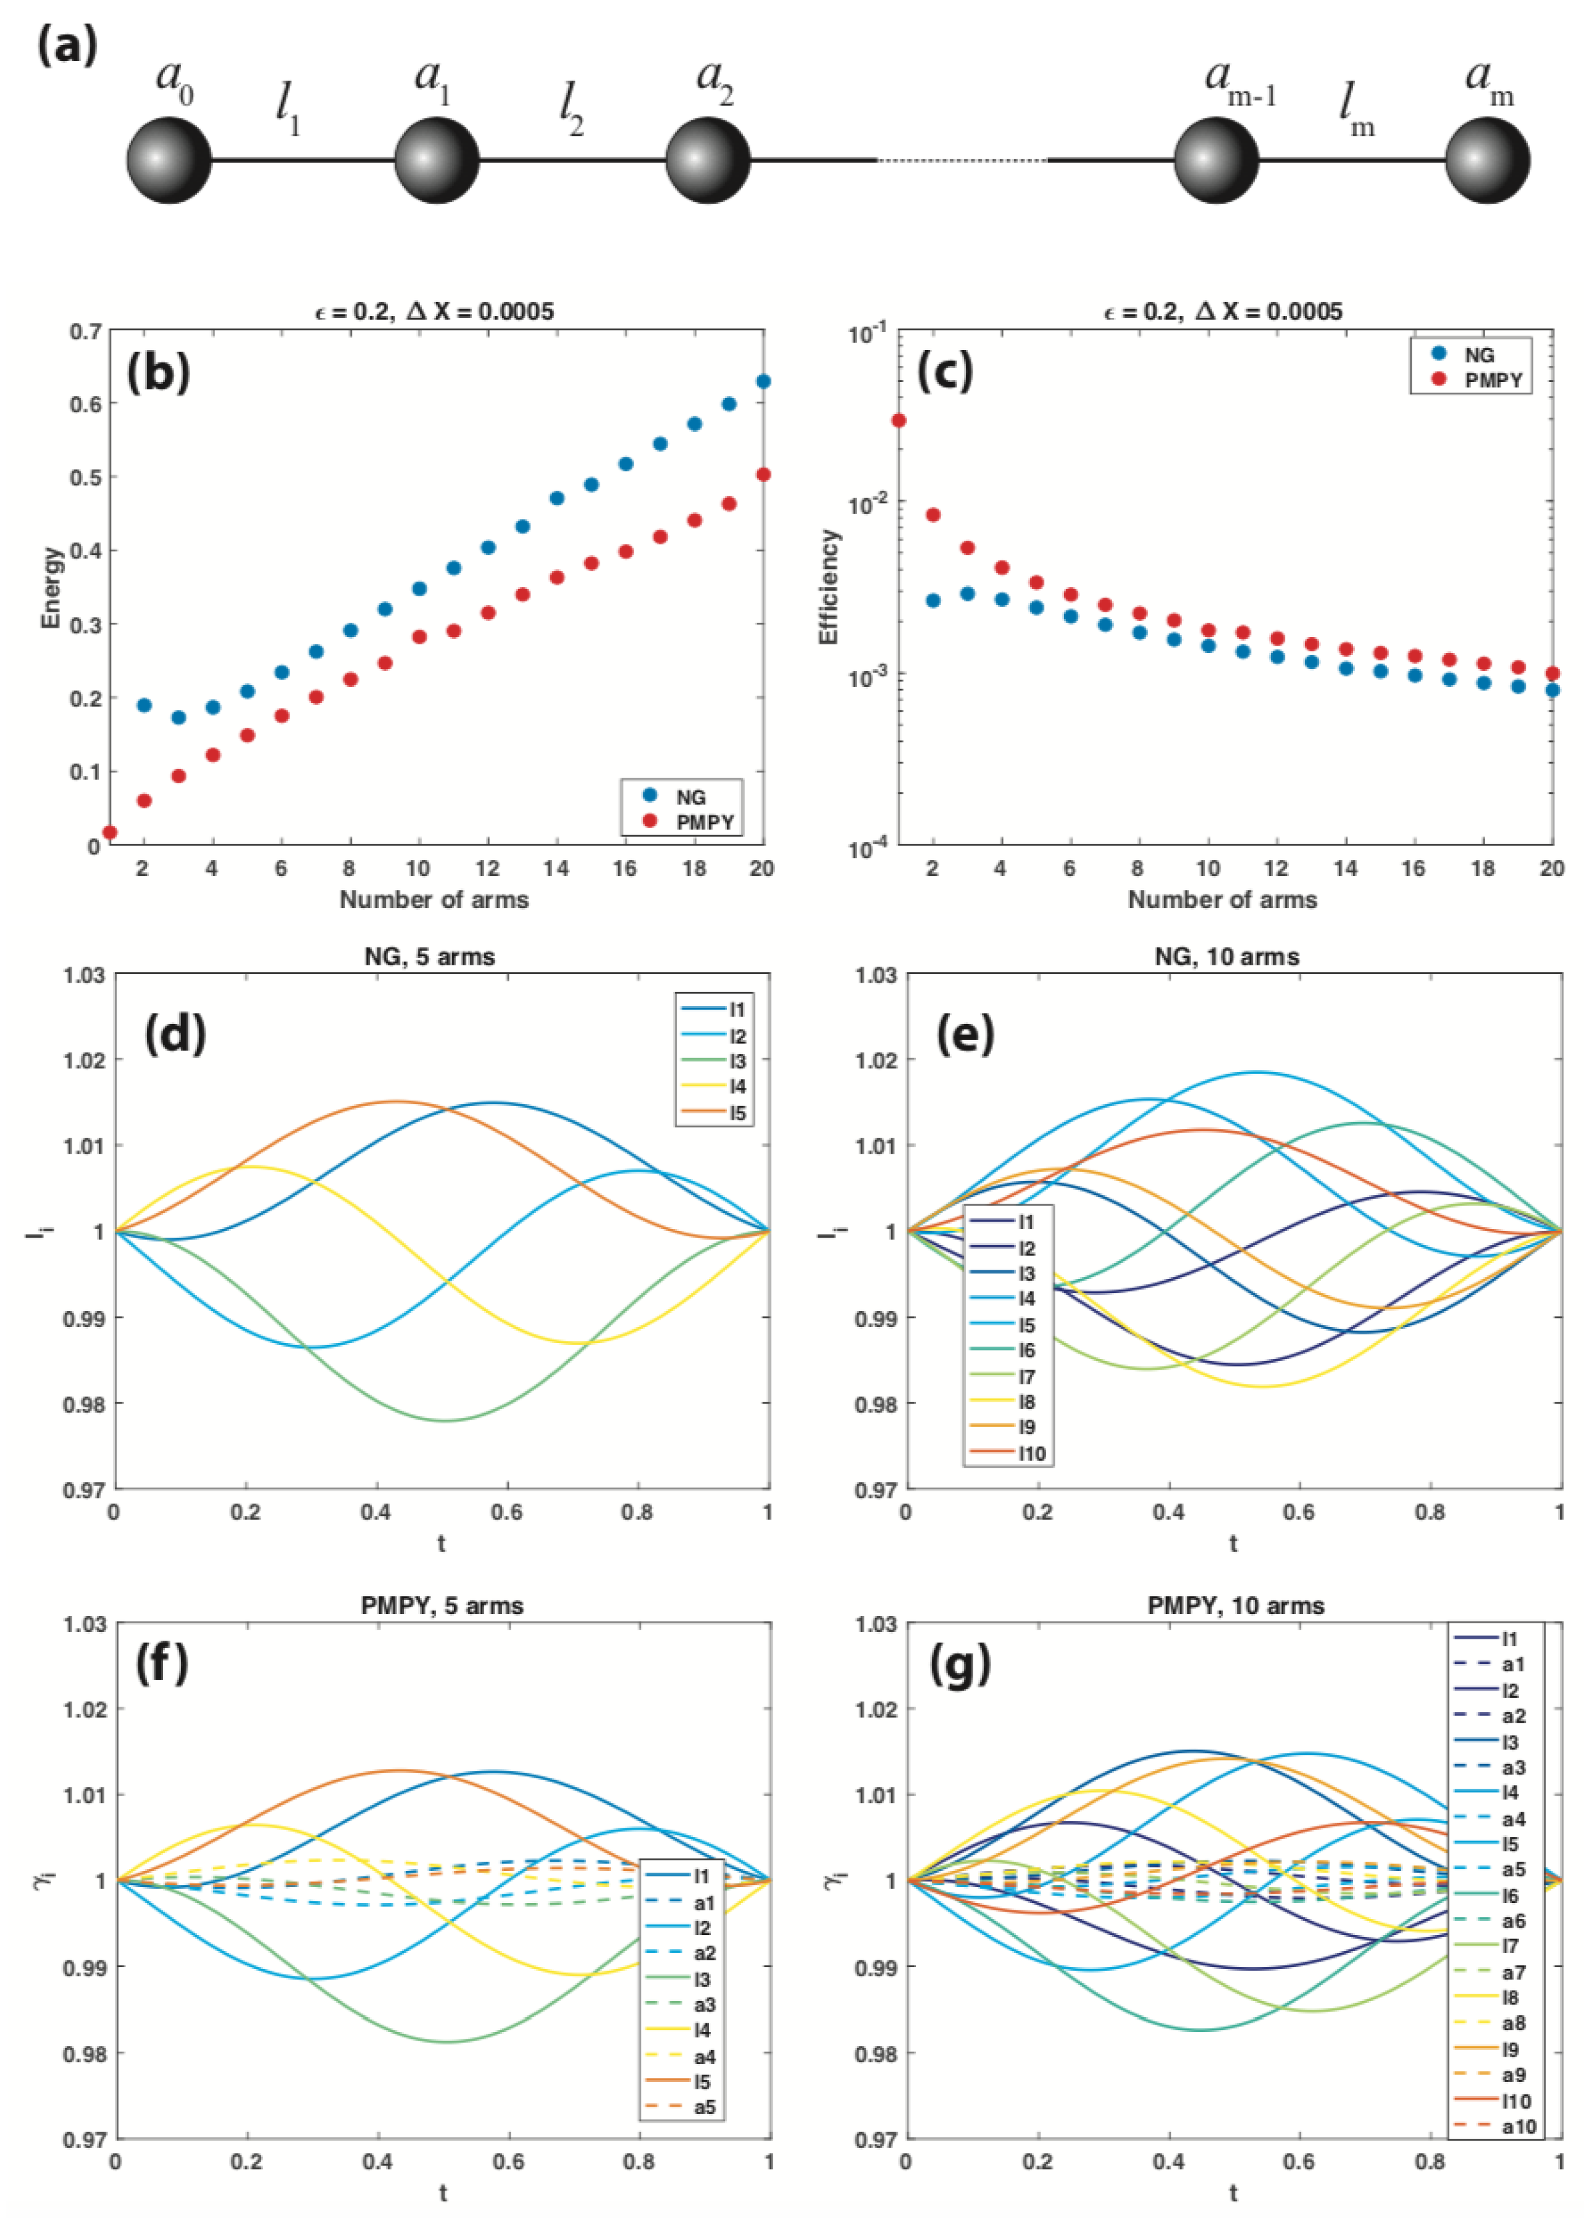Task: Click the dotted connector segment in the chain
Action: point(962,160)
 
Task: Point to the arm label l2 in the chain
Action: point(571,109)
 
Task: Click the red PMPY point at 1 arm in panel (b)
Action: point(109,831)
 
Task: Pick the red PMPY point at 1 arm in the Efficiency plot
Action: point(899,420)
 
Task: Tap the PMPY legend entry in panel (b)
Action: point(688,822)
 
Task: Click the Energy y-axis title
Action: point(51,587)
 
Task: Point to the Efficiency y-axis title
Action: point(829,587)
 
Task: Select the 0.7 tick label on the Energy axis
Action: point(86,331)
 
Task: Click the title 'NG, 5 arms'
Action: point(430,957)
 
